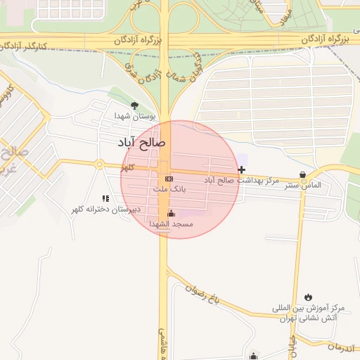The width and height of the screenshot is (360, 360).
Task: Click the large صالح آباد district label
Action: click(x=144, y=143)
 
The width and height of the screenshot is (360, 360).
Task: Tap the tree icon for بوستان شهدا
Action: click(x=134, y=105)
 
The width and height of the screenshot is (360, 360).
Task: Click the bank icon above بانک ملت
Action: click(x=169, y=179)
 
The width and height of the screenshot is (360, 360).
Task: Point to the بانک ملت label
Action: click(x=169, y=189)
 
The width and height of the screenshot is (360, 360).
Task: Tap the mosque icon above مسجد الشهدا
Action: click(x=171, y=213)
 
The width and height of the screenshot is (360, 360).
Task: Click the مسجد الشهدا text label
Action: click(x=171, y=224)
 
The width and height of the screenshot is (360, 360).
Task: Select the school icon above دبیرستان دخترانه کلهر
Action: click(x=105, y=199)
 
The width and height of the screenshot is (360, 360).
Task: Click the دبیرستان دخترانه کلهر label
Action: click(x=105, y=210)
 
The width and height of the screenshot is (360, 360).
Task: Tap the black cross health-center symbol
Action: click(x=242, y=169)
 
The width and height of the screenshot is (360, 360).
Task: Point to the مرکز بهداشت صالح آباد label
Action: click(x=242, y=181)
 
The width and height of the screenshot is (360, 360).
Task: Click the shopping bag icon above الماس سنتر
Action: click(x=302, y=174)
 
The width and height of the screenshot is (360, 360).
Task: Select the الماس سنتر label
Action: click(x=302, y=185)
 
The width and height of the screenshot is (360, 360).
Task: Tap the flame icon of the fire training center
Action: click(x=309, y=297)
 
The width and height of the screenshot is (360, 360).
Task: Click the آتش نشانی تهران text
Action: click(x=309, y=319)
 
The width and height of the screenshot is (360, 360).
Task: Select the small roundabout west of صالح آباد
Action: click(x=100, y=165)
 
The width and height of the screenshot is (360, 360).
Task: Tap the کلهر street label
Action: click(x=127, y=169)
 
